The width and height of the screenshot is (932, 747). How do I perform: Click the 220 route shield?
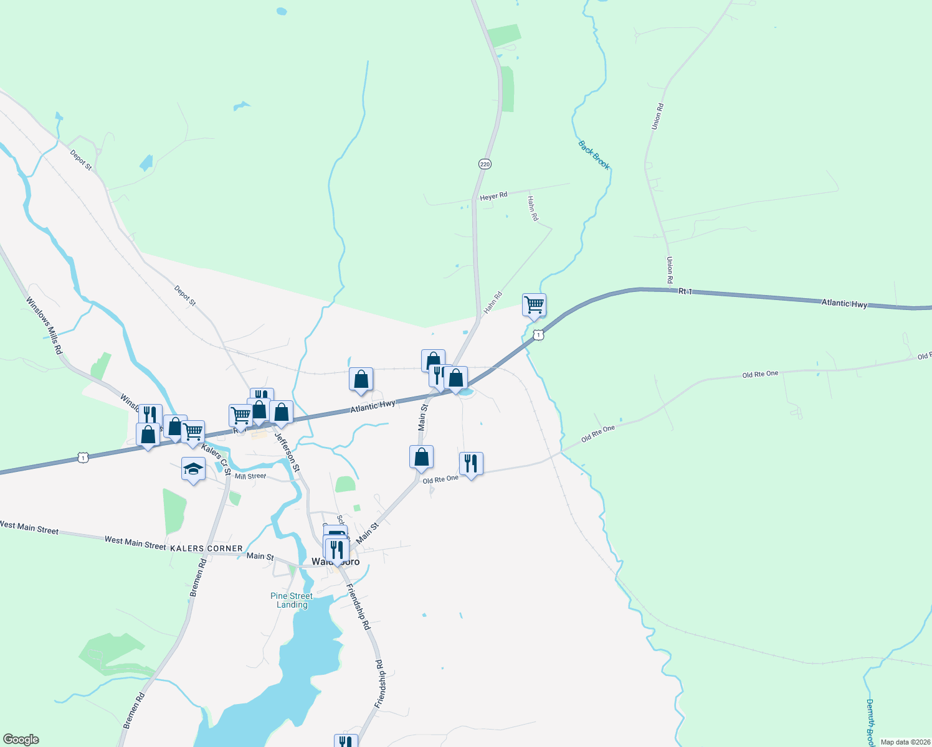[485, 164]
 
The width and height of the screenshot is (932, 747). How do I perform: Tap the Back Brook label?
[594, 155]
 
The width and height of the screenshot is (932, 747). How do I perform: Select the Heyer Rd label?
[493, 197]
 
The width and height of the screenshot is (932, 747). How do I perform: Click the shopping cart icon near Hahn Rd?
[534, 305]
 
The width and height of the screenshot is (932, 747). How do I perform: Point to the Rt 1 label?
[685, 291]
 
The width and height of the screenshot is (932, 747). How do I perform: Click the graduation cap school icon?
[194, 469]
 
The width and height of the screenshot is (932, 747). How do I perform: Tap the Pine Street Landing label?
[292, 600]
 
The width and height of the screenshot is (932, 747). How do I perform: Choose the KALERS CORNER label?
[206, 548]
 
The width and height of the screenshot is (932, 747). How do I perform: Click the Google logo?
[21, 740]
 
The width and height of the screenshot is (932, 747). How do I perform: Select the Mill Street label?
[250, 476]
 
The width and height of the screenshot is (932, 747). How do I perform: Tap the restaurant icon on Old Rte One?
[471, 463]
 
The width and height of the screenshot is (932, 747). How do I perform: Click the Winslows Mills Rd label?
[44, 326]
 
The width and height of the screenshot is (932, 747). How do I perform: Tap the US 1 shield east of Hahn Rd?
[539, 335]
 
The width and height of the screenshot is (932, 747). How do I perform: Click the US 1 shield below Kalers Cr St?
[83, 458]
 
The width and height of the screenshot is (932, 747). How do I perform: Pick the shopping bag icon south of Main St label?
[421, 457]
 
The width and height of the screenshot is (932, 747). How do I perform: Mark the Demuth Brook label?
[870, 722]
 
